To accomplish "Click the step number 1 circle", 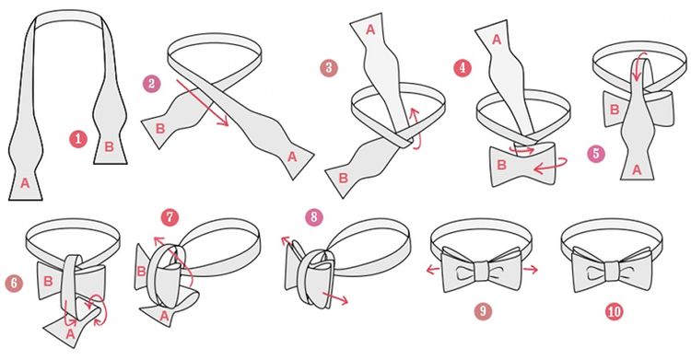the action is [x=78, y=139].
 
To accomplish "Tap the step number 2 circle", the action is [x=151, y=84].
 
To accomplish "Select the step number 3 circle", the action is [x=329, y=68].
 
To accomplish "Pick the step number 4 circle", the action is [x=463, y=68].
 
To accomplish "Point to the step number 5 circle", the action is [x=596, y=154].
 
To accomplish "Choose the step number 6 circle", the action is [x=14, y=284].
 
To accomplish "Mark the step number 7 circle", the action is [x=170, y=217].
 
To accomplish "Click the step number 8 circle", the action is [x=314, y=216].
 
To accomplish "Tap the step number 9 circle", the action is [x=483, y=311].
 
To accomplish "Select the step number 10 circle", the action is [x=614, y=311].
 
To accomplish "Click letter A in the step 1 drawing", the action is [x=25, y=183].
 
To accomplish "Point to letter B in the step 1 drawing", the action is [x=109, y=146].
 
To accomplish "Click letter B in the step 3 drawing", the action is [x=344, y=178].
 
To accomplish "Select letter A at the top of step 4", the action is [x=497, y=41].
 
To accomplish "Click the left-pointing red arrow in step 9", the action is [x=434, y=269].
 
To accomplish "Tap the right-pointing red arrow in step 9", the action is [x=530, y=269].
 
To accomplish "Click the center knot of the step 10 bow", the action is [x=611, y=271].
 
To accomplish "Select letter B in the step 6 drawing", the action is [x=49, y=281].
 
